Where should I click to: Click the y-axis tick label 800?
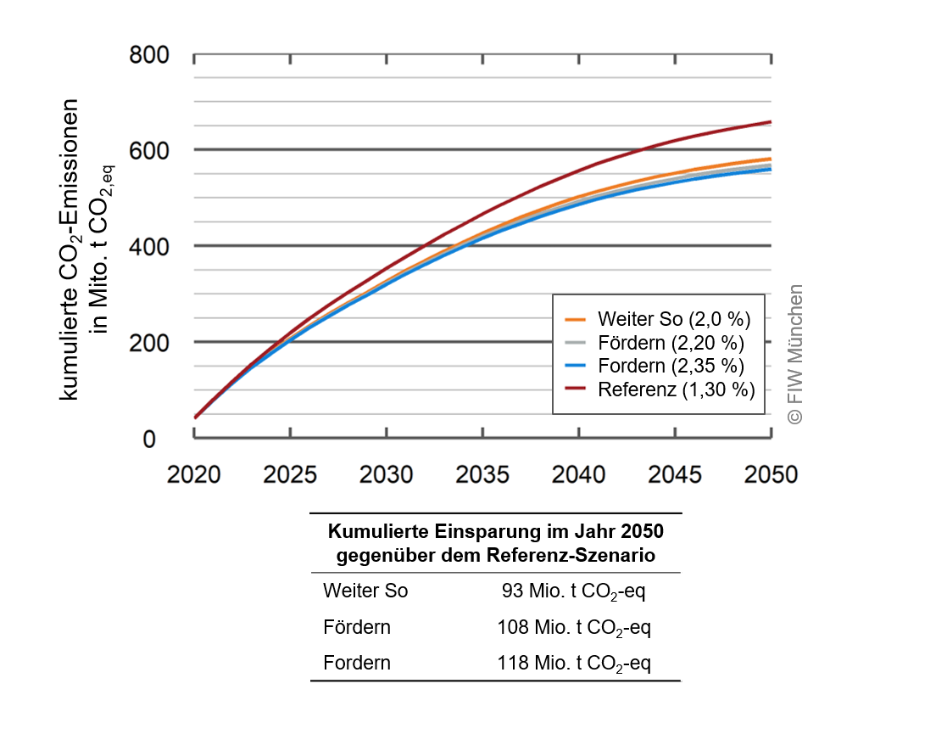(149, 57)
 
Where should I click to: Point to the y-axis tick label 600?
(149, 151)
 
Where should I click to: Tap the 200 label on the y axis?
(149, 343)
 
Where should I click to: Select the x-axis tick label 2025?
(290, 473)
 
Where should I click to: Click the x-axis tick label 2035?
(482, 473)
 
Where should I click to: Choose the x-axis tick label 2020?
(194, 473)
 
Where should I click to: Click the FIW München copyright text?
(794, 354)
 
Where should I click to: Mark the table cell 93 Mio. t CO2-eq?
(574, 591)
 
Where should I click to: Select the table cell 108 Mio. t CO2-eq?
(574, 628)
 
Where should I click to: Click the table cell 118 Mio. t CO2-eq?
(574, 664)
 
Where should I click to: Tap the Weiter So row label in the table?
(365, 591)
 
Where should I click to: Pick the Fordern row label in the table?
(357, 664)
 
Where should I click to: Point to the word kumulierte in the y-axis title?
(70, 358)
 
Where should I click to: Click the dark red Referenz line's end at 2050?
(770, 122)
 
